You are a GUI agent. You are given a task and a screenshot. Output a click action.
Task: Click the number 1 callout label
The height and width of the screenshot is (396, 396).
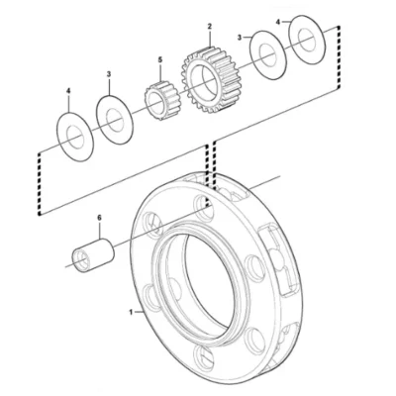pyautogui.click(x=131, y=312)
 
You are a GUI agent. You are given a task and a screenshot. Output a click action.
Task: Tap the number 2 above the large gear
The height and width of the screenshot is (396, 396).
pyautogui.click(x=210, y=26)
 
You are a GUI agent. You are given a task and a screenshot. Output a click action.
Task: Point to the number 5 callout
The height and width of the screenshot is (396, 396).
pyautogui.click(x=160, y=59)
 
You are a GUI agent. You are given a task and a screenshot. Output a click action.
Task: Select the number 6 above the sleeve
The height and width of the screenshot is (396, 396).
pyautogui.click(x=99, y=217)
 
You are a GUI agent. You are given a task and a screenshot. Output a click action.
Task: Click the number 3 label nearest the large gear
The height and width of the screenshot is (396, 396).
pyautogui.click(x=240, y=38)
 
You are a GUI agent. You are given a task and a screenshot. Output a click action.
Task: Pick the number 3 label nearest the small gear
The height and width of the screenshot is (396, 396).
pyautogui.click(x=109, y=74)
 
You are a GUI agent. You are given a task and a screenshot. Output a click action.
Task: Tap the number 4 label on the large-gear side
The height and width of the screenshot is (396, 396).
pyautogui.click(x=278, y=22)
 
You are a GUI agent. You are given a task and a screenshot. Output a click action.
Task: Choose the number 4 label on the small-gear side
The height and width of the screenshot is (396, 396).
pyautogui.click(x=68, y=90)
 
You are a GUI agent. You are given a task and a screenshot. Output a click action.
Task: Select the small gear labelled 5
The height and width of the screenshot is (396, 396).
pyautogui.click(x=161, y=101)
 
